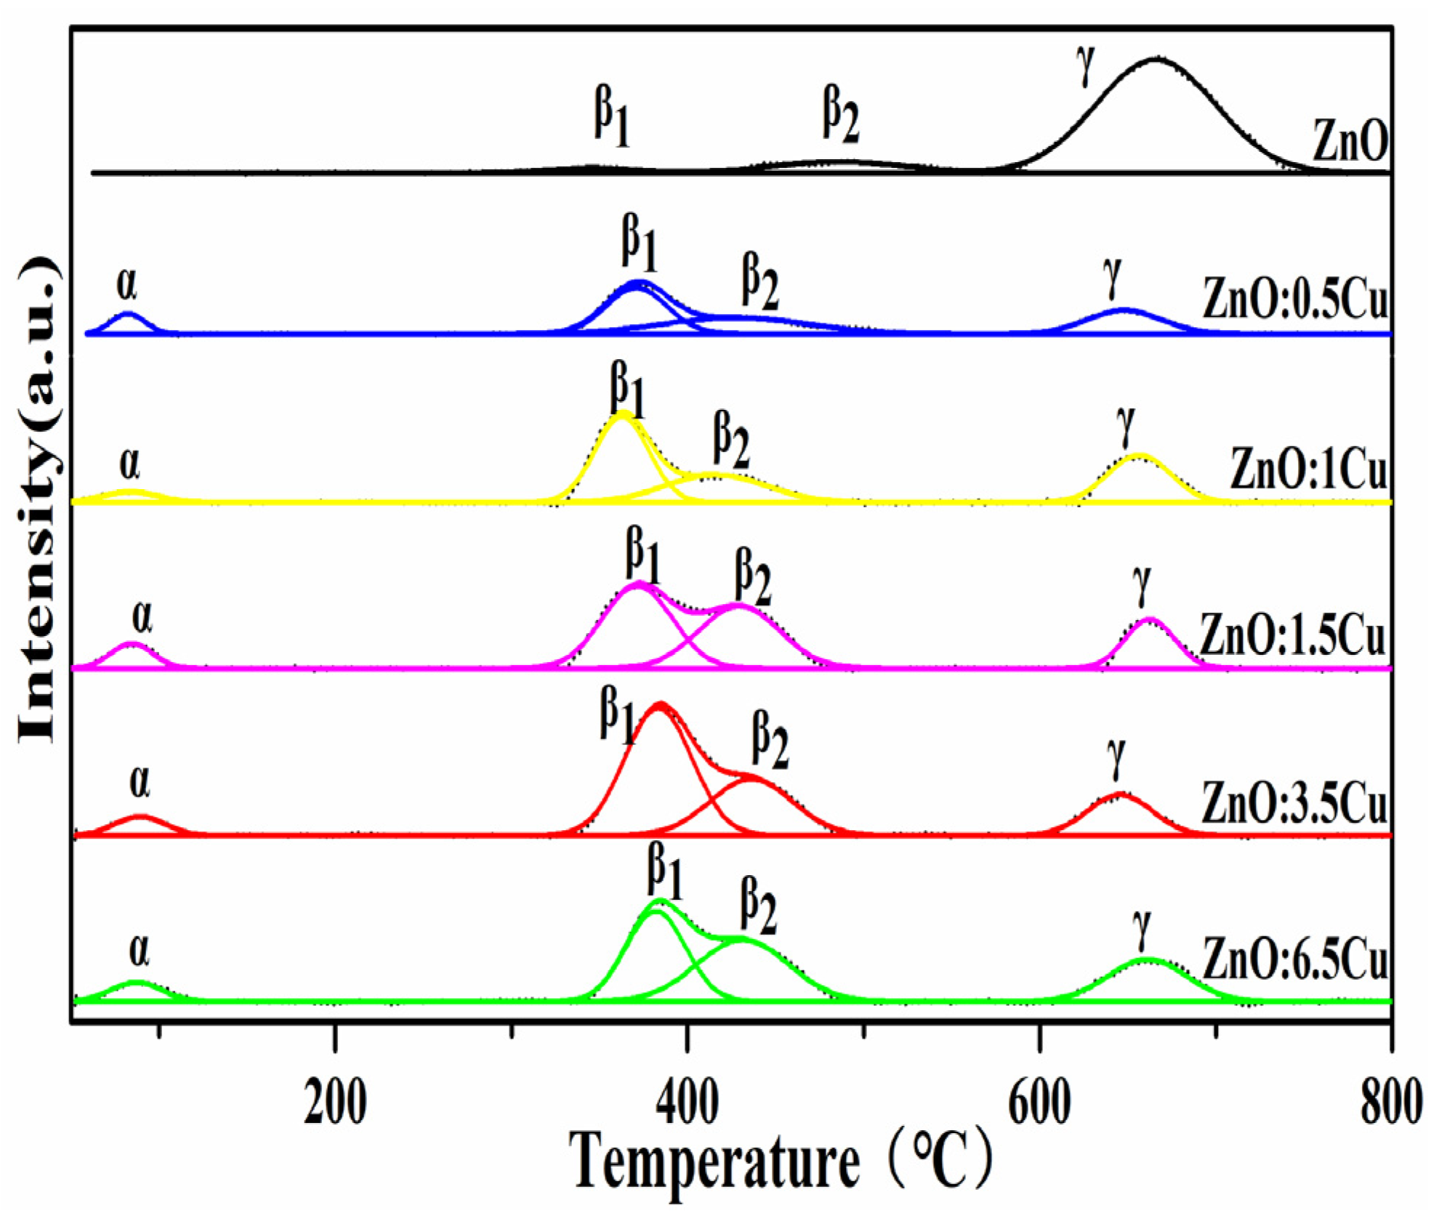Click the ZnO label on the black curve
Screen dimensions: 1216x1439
pos(1350,142)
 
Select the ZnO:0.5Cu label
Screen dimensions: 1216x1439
pos(1296,299)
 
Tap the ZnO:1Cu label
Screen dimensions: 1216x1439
pos(1309,470)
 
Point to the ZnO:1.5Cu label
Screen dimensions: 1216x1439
pos(1293,635)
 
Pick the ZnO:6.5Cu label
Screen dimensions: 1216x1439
pos(1296,960)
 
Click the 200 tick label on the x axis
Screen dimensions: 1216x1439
pos(335,1103)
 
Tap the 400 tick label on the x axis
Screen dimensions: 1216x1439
pos(686,1103)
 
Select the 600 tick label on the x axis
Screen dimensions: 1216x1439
pos(1039,1103)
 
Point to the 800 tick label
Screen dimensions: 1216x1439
pos(1390,1103)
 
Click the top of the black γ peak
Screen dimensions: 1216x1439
pos(1156,58)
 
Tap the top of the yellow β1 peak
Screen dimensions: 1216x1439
pos(622,413)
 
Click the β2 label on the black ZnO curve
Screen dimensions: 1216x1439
pos(841,113)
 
